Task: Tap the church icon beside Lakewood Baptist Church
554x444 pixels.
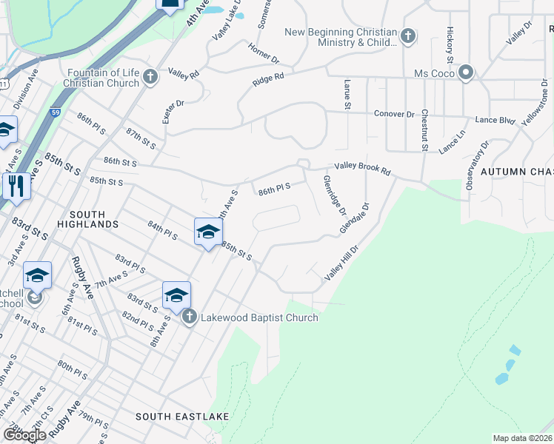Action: pyautogui.click(x=189, y=317)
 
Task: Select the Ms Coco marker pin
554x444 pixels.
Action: pyautogui.click(x=466, y=73)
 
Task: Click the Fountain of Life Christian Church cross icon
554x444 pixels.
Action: pyautogui.click(x=150, y=77)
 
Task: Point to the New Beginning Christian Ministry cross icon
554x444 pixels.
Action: pyautogui.click(x=407, y=36)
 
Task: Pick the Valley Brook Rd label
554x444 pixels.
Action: pyautogui.click(x=362, y=169)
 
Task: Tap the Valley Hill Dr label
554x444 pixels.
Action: pyautogui.click(x=341, y=263)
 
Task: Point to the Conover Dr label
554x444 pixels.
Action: pyautogui.click(x=394, y=115)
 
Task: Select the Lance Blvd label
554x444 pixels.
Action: pyautogui.click(x=495, y=120)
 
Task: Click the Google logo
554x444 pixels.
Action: pyautogui.click(x=24, y=435)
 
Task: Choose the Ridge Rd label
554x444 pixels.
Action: pyautogui.click(x=268, y=79)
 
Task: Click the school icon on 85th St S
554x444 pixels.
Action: pyautogui.click(x=208, y=232)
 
